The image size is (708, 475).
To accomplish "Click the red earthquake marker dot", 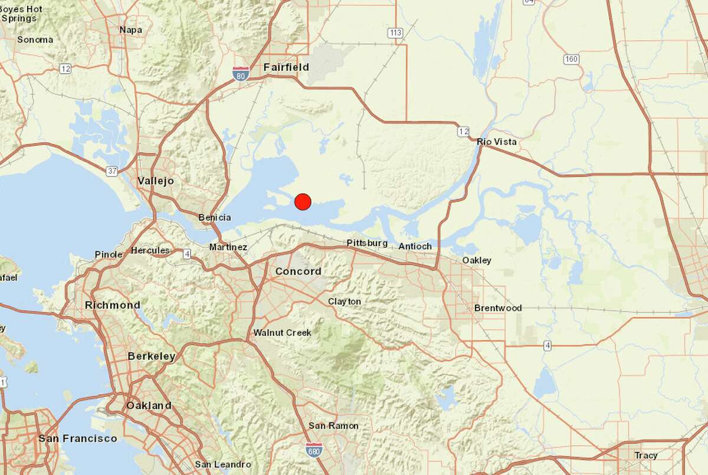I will coord(303,202).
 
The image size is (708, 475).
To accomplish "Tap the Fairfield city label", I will coord(286,67).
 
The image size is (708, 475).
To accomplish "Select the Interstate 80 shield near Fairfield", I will coord(241,73).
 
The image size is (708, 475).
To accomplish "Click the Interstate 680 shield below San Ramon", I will coord(314,450).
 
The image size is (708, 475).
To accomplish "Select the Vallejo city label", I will coord(156,181).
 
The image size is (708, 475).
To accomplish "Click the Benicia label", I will coord(215,218).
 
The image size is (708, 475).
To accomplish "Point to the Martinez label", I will coord(228,247).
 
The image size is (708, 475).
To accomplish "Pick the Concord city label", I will coord(298,271).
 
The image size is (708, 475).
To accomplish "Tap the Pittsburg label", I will coord(367,243).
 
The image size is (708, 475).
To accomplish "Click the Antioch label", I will coord(415,246).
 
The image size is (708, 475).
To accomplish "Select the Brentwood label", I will coord(498,308).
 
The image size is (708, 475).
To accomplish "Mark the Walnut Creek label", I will coord(282,333).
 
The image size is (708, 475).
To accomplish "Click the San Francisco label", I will coord(77,438).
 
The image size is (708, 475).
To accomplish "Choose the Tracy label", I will coord(646,456).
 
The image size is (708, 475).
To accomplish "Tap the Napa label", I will coord(131,30).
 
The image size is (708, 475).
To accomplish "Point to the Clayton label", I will coord(345,302).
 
